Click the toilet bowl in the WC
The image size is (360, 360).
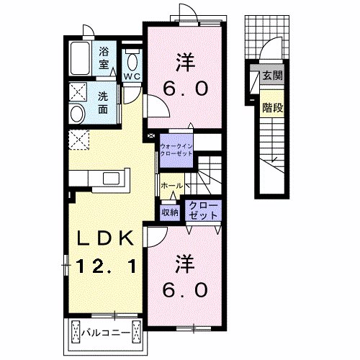click(132, 62)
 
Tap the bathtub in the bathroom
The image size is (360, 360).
click(80, 59)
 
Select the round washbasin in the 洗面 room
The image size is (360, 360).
click(78, 114)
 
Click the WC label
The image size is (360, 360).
click(132, 76)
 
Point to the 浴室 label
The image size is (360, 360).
click(104, 58)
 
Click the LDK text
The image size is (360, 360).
click(104, 238)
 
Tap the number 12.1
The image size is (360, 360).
click(106, 266)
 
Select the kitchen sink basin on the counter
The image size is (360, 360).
click(111, 178)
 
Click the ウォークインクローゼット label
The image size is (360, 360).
click(176, 150)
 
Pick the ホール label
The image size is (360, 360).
click(172, 185)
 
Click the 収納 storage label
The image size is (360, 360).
click(170, 212)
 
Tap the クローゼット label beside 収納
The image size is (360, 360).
click(203, 210)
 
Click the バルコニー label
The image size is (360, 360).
click(106, 333)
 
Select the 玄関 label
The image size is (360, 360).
click(272, 76)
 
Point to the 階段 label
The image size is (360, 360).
click(272, 108)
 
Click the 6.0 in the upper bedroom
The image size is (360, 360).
click(185, 89)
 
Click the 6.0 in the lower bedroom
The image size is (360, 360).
click(185, 289)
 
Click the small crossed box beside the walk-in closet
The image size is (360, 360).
click(151, 135)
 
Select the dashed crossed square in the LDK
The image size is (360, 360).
click(78, 140)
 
